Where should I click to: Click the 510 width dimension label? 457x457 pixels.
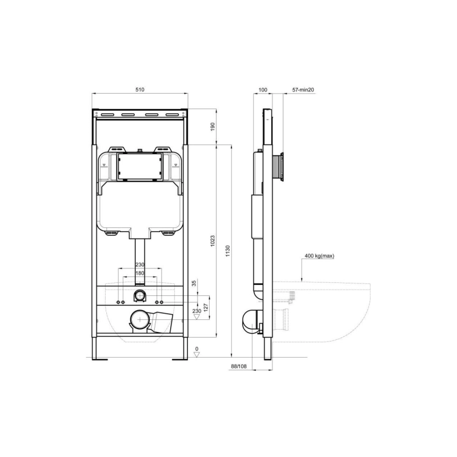pyautogui.click(x=140, y=90)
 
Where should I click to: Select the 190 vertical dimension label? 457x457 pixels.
pyautogui.click(x=213, y=126)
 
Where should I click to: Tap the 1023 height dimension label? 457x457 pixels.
pyautogui.click(x=213, y=241)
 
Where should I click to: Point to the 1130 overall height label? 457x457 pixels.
pyautogui.click(x=227, y=251)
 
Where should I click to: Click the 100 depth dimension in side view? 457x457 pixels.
pyautogui.click(x=263, y=90)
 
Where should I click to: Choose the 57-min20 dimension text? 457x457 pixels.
pyautogui.click(x=303, y=90)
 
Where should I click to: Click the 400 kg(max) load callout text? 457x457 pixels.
pyautogui.click(x=319, y=256)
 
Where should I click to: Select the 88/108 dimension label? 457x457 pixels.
pyautogui.click(x=238, y=366)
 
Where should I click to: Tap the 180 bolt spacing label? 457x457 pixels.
pyautogui.click(x=140, y=273)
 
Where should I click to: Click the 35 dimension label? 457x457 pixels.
pyautogui.click(x=194, y=283)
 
